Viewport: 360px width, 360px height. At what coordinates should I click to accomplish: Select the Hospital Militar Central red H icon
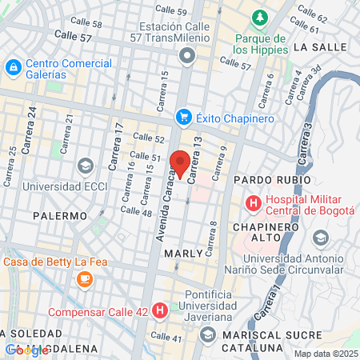[x=254, y=203]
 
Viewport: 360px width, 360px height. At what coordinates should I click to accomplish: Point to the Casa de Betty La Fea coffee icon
[x=84, y=278]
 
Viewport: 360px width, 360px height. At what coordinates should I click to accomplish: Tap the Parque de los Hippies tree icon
[x=259, y=18]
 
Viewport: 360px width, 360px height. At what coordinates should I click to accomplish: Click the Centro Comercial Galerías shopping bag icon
[x=14, y=66]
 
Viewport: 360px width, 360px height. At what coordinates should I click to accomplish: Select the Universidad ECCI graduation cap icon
[x=85, y=165]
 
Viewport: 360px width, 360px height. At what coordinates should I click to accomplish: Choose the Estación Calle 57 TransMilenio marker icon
[x=187, y=54]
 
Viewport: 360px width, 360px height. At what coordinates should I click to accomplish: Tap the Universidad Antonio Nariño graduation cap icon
[x=321, y=238]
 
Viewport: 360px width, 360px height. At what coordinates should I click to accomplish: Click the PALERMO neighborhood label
[x=60, y=216]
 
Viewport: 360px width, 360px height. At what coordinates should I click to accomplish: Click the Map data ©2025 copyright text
[x=324, y=354]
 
